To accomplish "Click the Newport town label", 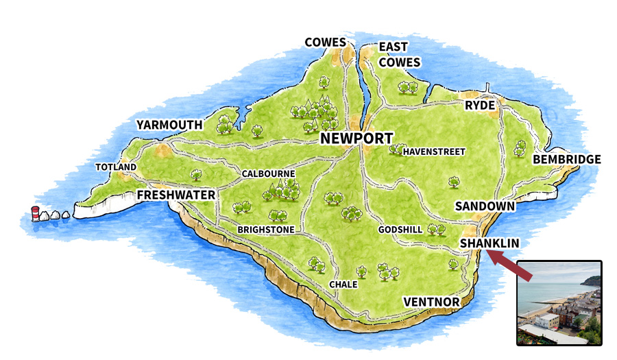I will (356, 139).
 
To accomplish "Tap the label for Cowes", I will (326, 43).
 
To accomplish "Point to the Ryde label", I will (479, 106).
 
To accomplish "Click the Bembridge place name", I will (566, 159).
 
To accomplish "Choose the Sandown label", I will (485, 206).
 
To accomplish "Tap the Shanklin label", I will (489, 243).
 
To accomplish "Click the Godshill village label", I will (400, 230).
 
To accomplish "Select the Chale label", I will (343, 284).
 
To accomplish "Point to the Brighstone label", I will (266, 229).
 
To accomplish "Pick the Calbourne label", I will (268, 174).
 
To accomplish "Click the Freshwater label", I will (176, 195).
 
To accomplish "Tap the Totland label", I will (116, 167).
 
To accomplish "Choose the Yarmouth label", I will (169, 125).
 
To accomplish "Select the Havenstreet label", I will (434, 152).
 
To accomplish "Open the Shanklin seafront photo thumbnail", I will (559, 302).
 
